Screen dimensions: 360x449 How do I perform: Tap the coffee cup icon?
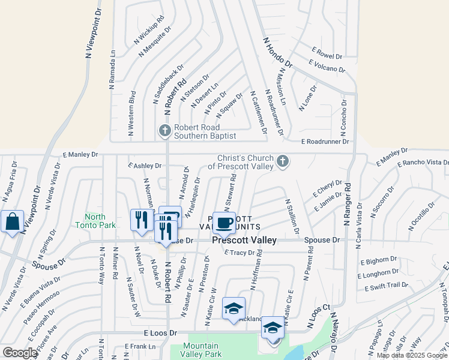pyautogui.click(x=224, y=223)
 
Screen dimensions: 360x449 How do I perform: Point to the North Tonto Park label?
pyautogui.click(x=95, y=221)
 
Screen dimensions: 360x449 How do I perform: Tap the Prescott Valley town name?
pyautogui.click(x=244, y=240)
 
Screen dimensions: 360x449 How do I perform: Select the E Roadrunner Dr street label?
pyautogui.click(x=325, y=142)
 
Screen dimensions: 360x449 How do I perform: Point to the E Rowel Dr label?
pyautogui.click(x=327, y=53)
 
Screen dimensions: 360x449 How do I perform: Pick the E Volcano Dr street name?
pyautogui.click(x=327, y=66)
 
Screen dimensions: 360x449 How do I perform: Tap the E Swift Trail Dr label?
pyautogui.click(x=385, y=286)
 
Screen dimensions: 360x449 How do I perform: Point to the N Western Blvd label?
pyautogui.click(x=132, y=114)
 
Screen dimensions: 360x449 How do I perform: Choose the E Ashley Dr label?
pyautogui.click(x=145, y=165)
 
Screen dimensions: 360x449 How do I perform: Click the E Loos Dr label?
pyautogui.click(x=160, y=332)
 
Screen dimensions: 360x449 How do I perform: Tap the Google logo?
pyautogui.click(x=20, y=353)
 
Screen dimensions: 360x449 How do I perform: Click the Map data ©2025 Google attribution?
pyautogui.click(x=412, y=355)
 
